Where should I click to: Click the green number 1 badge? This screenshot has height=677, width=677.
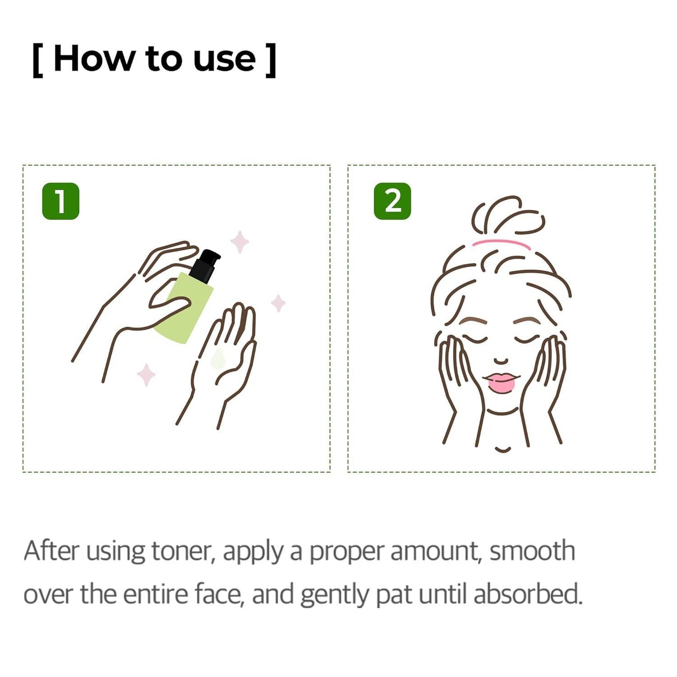(60, 201)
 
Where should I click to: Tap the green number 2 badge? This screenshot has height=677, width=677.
(392, 201)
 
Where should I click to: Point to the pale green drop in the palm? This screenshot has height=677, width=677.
(217, 358)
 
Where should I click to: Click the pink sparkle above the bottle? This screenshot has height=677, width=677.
(239, 242)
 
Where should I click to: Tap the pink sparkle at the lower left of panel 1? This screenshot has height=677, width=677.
(146, 375)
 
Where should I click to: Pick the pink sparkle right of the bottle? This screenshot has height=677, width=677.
(278, 303)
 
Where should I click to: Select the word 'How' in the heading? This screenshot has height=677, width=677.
(93, 60)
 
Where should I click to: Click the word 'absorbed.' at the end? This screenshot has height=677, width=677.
(528, 595)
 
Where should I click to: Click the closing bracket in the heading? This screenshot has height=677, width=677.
(270, 60)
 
